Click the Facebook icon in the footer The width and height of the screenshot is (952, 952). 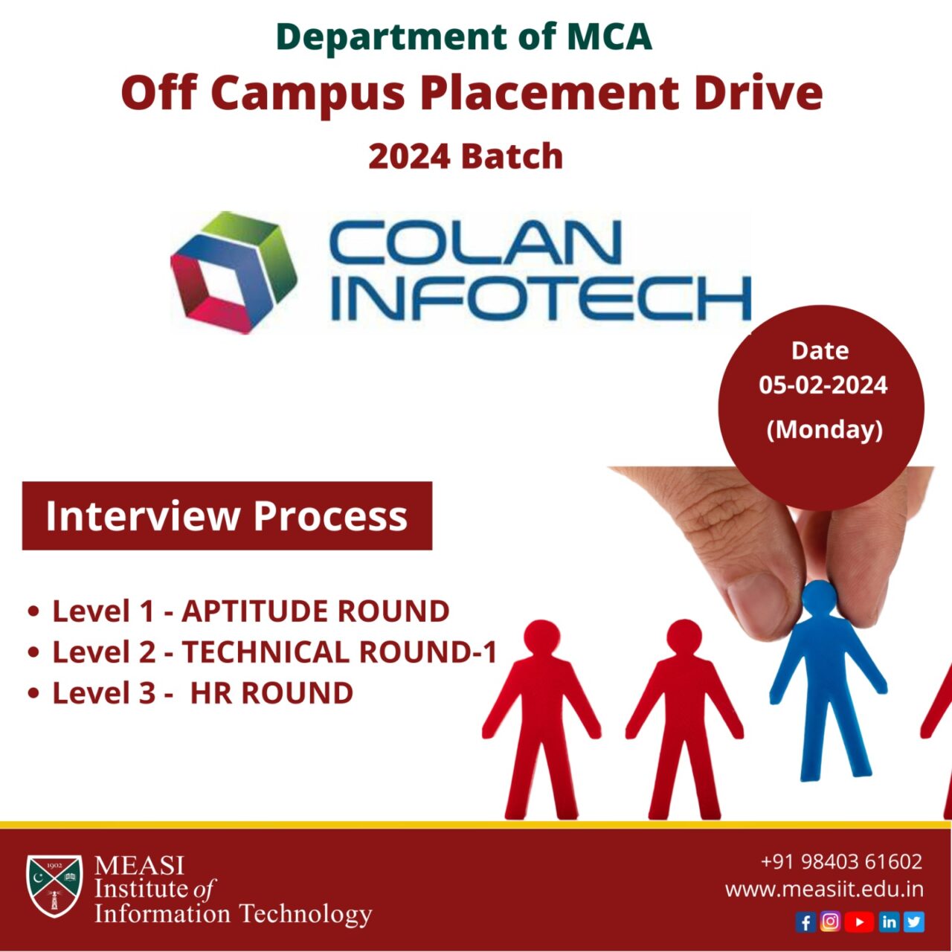coord(805,922)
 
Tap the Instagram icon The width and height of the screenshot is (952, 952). coord(831,922)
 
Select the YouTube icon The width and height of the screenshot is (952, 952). coord(859,922)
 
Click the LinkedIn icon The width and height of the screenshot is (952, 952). coord(889,922)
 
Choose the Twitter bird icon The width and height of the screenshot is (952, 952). coord(914,922)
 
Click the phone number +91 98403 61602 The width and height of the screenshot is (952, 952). coord(841,861)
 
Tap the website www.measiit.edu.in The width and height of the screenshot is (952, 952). coord(824,890)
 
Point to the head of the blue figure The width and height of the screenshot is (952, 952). coord(820,597)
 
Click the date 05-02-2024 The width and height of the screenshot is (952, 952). coord(823,385)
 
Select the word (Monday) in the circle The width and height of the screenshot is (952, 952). coord(824,429)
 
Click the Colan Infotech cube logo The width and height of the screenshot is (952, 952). coord(234,271)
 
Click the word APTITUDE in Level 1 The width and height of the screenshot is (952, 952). coord(252,611)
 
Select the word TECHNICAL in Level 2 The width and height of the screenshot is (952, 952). coord(266,652)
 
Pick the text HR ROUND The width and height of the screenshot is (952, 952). coord(271,693)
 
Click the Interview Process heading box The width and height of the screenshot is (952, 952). coord(227,516)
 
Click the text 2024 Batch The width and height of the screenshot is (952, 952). coord(466,156)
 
